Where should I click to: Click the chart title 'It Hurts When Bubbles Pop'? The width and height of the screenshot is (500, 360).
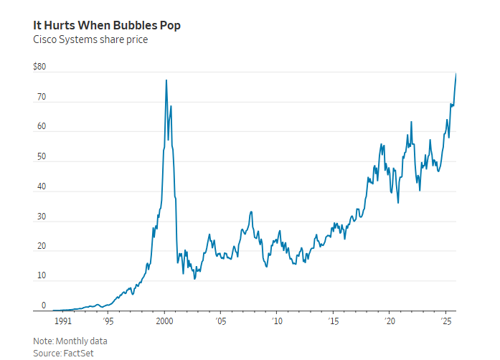tap(107, 25)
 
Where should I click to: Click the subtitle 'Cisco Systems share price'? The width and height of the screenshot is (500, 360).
tap(90, 39)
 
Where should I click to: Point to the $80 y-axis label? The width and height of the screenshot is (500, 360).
tap(39, 67)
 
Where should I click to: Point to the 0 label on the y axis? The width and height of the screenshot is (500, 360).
tap(43, 305)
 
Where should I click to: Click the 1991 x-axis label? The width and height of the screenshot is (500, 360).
tap(64, 322)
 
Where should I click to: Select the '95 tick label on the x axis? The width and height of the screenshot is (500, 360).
tap(108, 322)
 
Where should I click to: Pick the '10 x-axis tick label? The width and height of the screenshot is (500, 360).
tap(277, 322)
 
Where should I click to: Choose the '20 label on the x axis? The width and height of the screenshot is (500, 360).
tap(390, 322)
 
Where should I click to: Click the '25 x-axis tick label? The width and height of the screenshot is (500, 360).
tap(446, 322)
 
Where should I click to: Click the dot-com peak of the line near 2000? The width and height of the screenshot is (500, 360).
tap(166, 80)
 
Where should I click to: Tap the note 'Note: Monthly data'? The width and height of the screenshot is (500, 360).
tap(70, 341)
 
